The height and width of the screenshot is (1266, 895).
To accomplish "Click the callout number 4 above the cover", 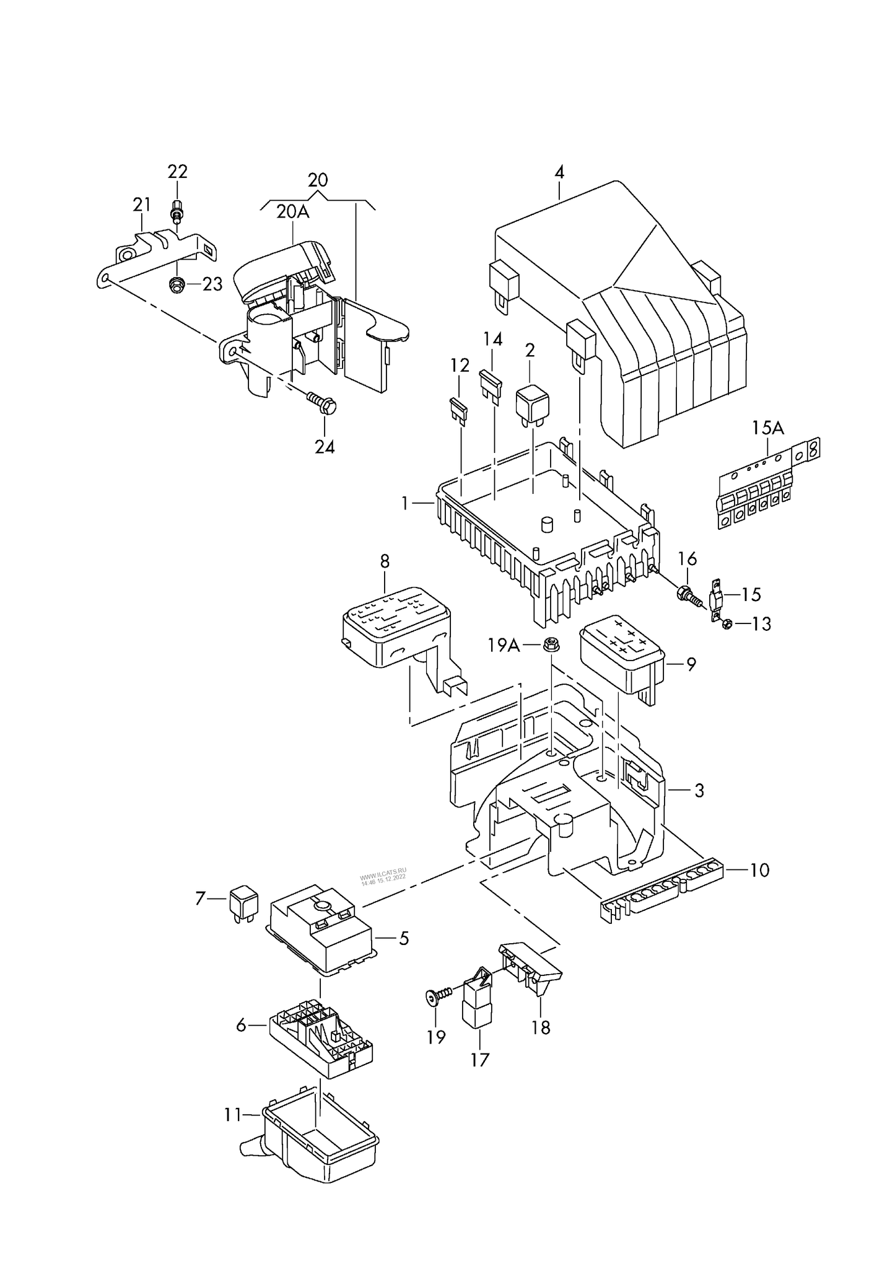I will click(559, 172).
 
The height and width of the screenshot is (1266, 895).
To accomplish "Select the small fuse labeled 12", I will click(458, 410).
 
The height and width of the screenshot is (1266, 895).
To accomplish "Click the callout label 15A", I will click(768, 428).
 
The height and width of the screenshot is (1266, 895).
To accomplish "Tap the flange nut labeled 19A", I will click(549, 644).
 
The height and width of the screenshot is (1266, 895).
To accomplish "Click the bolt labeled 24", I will click(321, 404).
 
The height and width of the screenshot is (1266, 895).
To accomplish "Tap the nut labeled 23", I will click(176, 284).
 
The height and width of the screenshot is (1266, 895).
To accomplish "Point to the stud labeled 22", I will click(177, 213).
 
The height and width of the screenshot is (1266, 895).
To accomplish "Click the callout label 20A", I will click(292, 212).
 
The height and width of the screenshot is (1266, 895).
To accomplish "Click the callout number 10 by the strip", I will click(759, 870).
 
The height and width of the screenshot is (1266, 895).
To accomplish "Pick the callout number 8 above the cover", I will click(385, 561).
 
